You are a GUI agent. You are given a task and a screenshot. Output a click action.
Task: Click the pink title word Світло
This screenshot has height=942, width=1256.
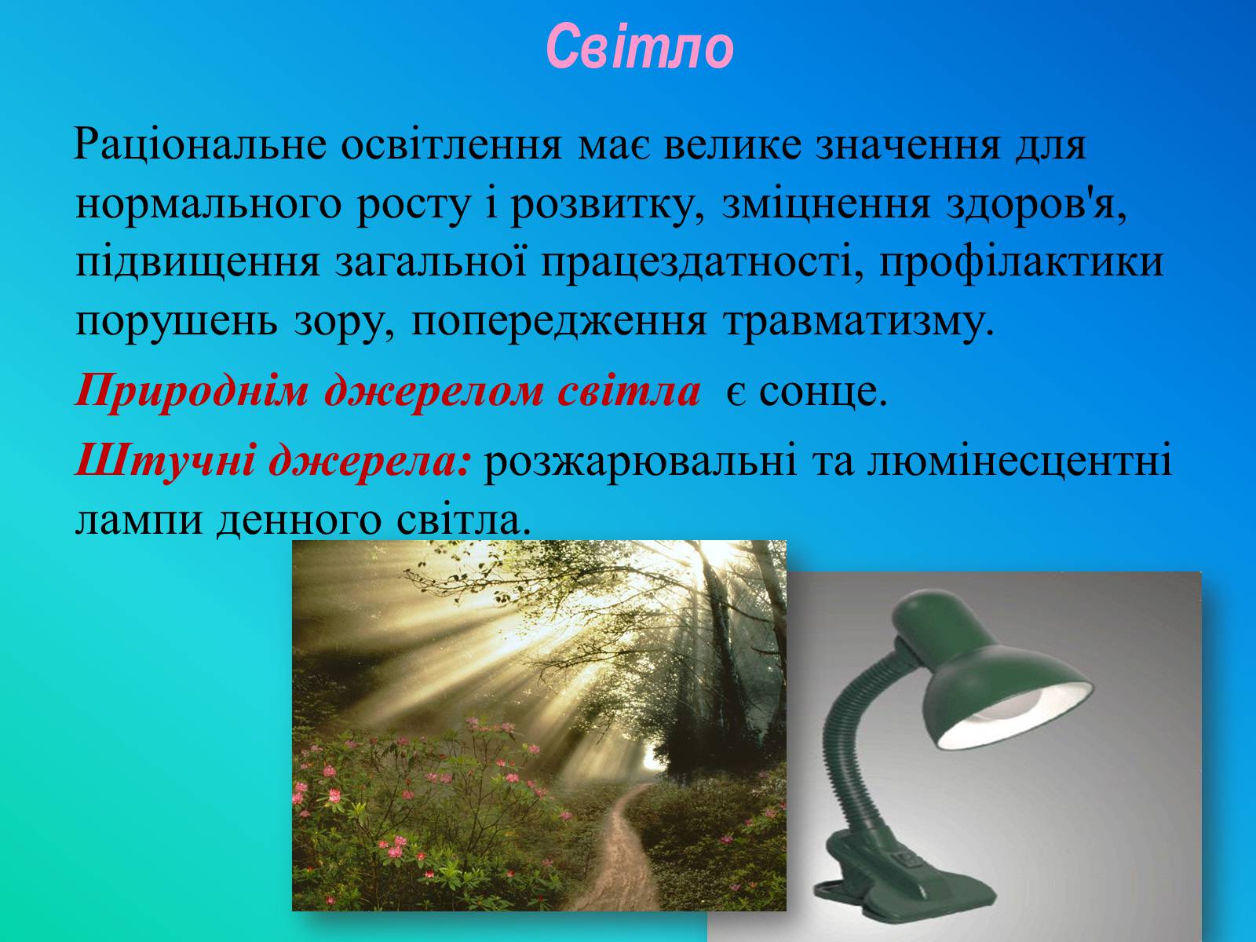click(640, 47)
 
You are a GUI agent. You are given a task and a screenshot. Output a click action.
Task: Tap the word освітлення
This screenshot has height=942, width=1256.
click(451, 144)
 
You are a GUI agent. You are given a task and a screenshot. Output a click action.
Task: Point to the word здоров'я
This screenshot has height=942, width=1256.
click(1036, 203)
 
